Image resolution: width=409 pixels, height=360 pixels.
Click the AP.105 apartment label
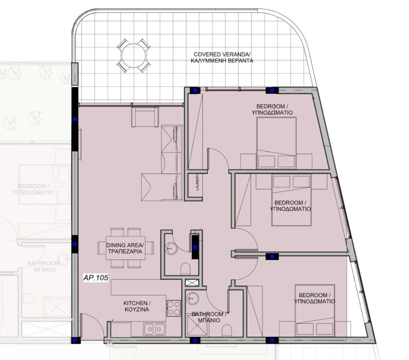click(x=96, y=278)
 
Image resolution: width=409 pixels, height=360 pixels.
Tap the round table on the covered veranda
click(x=133, y=55)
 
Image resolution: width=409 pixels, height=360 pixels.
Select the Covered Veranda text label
click(x=222, y=58)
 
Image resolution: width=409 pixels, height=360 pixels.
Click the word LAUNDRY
click(x=198, y=182)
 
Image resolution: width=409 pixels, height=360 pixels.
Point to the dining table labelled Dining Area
click(x=126, y=248)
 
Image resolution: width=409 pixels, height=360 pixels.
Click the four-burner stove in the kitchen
click(x=174, y=308)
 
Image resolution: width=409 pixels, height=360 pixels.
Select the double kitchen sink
click(x=154, y=329)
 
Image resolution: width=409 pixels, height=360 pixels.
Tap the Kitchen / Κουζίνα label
click(x=136, y=306)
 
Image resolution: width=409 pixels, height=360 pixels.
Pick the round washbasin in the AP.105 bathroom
click(x=193, y=298)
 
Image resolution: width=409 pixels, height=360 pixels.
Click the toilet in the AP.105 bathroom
click(x=227, y=331)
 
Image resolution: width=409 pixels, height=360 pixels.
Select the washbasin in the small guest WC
click(x=171, y=248)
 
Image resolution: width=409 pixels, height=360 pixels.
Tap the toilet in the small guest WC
click(x=185, y=269)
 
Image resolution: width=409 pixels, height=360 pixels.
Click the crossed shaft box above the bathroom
click(x=192, y=283)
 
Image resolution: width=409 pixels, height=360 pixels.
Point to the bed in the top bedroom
click(x=277, y=143)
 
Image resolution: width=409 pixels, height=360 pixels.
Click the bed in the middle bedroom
click(x=292, y=200)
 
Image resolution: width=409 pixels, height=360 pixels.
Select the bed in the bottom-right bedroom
click(x=315, y=310)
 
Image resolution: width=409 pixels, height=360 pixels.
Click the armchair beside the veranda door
click(x=145, y=117)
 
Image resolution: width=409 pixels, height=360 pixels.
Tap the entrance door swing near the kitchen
click(x=93, y=325)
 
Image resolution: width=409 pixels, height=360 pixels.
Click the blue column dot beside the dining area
click(x=75, y=244)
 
